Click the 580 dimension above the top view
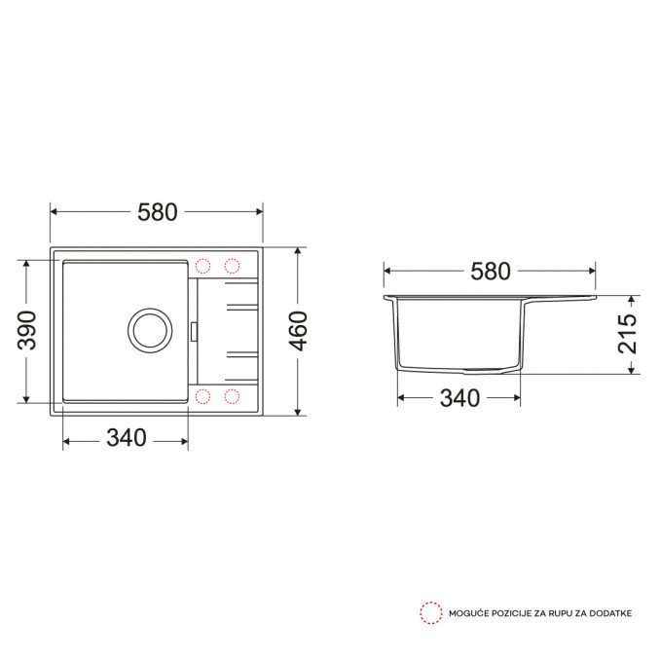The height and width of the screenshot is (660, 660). [x=158, y=212]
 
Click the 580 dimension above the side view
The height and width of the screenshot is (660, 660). [x=491, y=272]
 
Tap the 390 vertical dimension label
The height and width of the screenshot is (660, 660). [x=26, y=330]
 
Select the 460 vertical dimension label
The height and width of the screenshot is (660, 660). [x=298, y=331]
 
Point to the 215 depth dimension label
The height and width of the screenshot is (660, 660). [x=627, y=334]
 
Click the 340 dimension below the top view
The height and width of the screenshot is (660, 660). [x=127, y=438]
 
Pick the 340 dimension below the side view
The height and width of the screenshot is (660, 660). [x=459, y=398]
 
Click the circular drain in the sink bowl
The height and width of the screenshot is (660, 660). [x=150, y=330]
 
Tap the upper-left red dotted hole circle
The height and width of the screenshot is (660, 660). [x=202, y=266]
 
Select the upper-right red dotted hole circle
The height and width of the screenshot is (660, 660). [x=232, y=266]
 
